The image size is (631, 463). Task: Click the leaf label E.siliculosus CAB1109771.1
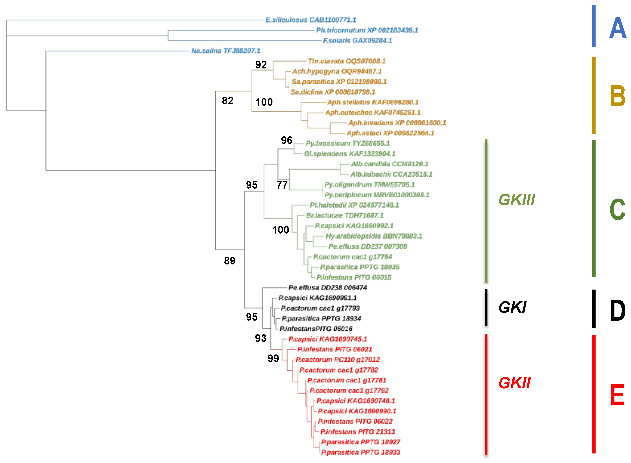coord(310,20)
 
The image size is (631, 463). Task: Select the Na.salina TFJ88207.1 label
coord(226,51)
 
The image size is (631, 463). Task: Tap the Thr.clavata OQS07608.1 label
coord(347,61)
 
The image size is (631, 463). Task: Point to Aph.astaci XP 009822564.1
coord(390,133)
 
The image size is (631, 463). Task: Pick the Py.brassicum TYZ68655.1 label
coord(347,144)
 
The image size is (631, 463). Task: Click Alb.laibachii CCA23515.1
coord(391,174)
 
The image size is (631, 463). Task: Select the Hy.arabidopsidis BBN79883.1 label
coord(374,236)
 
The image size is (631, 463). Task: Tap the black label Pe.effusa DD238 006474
coord(328,288)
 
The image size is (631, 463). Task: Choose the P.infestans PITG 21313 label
coord(358,432)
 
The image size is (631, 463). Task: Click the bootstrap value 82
coord(227,101)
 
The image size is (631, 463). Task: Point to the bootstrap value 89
coord(230,261)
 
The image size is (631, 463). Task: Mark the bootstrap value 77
coord(282,185)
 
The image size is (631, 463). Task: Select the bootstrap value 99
coord(273,358)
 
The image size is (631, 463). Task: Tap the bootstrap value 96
coord(287,140)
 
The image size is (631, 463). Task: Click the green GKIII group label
coord(517,200)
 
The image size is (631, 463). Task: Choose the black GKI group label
coord(512,307)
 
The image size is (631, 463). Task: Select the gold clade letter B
coord(618,96)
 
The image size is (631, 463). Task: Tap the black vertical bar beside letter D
coord(593,309)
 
